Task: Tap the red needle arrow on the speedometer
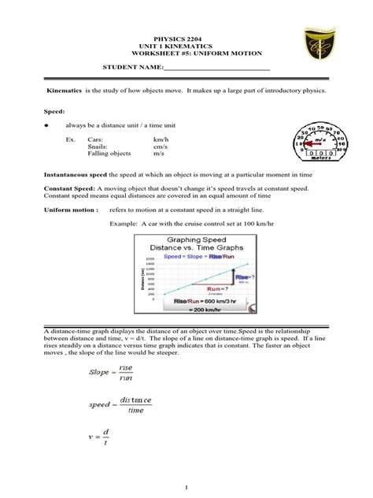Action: pos(308,144)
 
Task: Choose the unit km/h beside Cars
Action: pos(161,138)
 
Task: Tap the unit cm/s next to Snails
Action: pos(161,146)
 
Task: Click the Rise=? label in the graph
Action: pos(244,277)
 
